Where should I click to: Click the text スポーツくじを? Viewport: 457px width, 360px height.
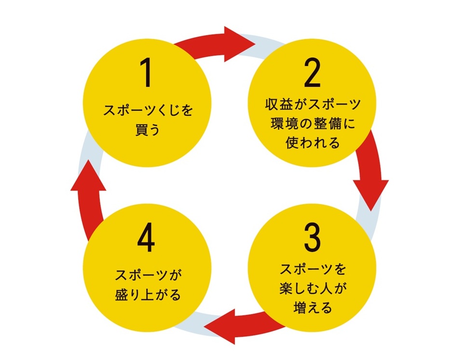148,111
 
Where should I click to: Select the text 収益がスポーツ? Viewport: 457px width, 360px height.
313,105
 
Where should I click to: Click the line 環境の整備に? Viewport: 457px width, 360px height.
313,124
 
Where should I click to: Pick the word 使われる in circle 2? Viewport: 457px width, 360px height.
313,143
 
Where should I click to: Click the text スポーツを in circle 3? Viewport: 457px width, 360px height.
313,268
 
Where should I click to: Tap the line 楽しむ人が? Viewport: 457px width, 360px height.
313,288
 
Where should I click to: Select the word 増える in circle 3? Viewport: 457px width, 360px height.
313,307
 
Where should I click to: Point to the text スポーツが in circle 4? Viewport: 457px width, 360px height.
148,275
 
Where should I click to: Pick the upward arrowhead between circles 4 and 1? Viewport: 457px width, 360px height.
88,175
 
